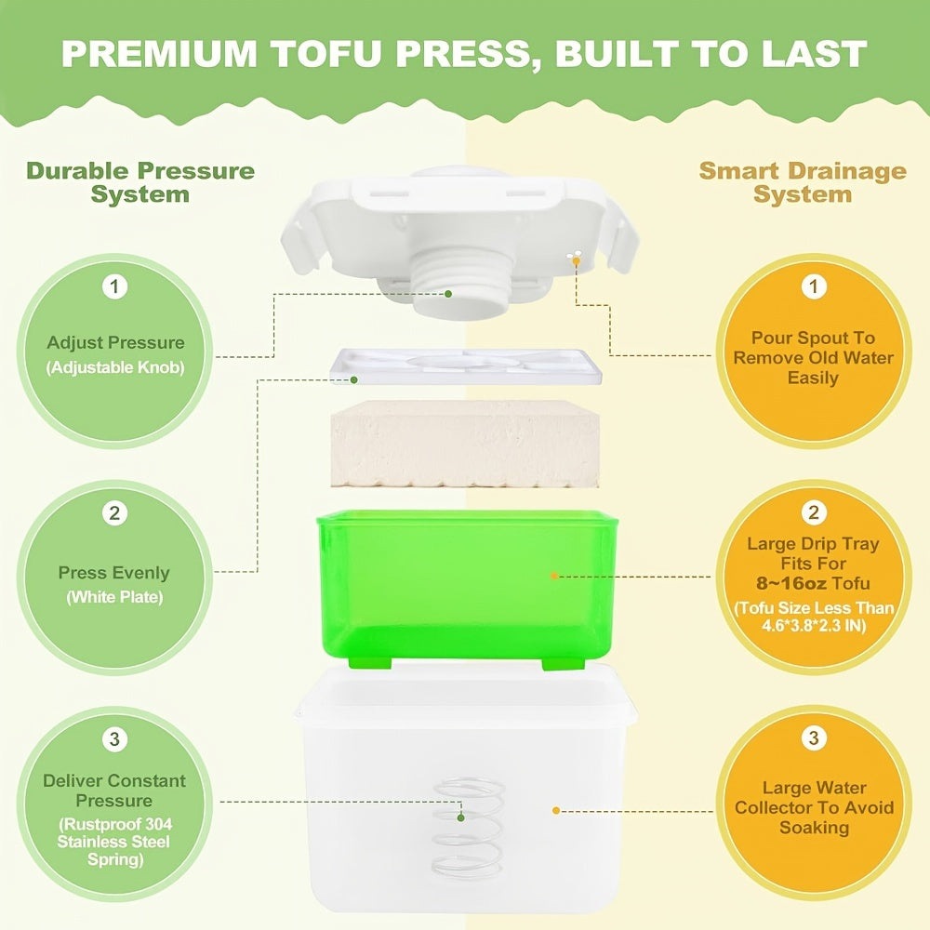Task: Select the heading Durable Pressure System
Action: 140,182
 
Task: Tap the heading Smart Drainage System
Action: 802,182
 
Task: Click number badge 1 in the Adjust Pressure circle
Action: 114,286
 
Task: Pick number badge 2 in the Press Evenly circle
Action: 114,512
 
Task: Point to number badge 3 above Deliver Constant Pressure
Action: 114,739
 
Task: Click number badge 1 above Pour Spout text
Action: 814,286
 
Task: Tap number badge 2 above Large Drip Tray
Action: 814,512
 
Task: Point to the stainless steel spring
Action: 469,828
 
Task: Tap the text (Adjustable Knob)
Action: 115,367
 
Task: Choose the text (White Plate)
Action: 114,597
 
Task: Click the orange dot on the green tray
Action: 554,576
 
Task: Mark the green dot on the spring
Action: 460,817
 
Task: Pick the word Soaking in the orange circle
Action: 814,827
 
